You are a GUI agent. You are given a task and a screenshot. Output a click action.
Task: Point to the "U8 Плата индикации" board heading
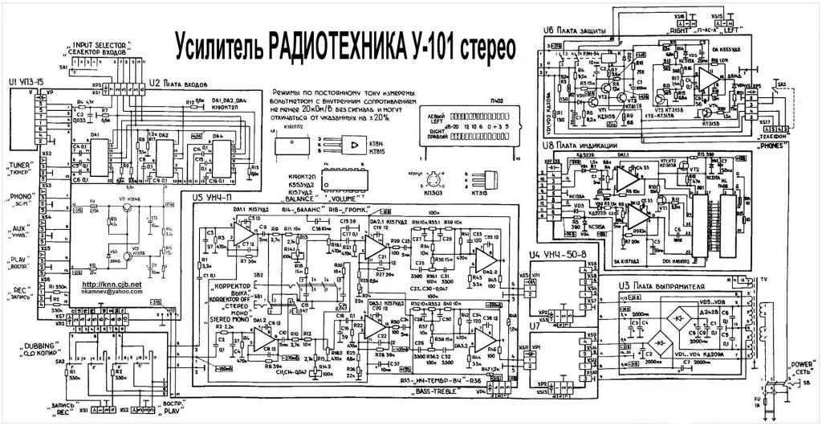[x=583, y=146]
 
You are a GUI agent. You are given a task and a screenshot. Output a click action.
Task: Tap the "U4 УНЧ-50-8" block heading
[x=550, y=255]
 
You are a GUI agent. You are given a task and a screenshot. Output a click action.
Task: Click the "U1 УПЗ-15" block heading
[x=24, y=83]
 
